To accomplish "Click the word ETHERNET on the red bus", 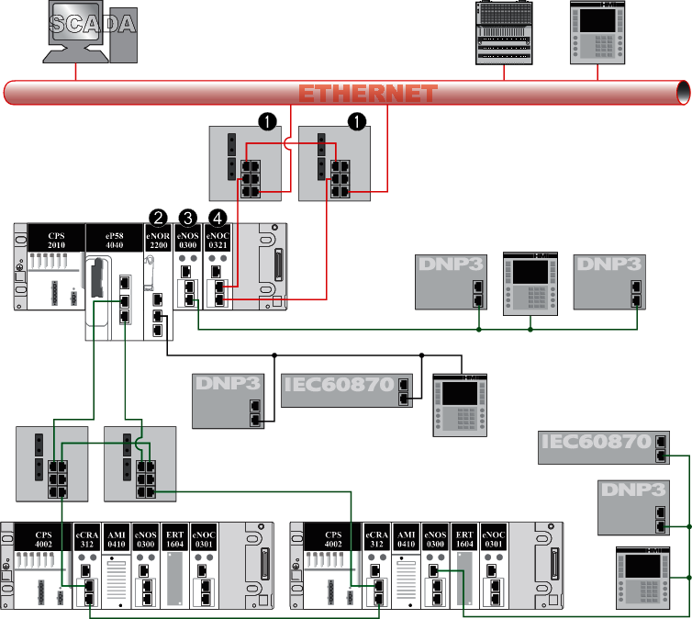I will coord(367,94).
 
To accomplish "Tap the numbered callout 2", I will coord(158,218).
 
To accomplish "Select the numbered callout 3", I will coord(188,218).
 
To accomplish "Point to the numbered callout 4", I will coord(218,218).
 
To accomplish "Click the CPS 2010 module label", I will coord(57,241).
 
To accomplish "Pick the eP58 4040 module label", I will coord(115,241).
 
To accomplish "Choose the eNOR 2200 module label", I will coord(158,241).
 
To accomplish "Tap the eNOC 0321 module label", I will coord(218,241).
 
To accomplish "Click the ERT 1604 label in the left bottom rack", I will coord(175,538).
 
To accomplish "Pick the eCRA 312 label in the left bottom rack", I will coord(87,538).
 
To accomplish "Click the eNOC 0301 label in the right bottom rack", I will coord(494,538).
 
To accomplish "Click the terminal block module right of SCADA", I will coord(504,33).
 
